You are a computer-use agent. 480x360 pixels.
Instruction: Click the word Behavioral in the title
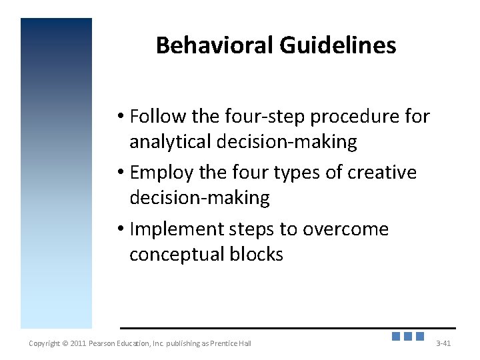click(215, 45)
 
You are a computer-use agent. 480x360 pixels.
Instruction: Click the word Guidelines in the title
click(338, 45)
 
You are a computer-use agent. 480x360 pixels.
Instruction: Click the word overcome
click(345, 229)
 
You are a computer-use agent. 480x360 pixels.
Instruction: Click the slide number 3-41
click(443, 343)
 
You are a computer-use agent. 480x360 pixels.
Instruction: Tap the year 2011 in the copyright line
click(77, 343)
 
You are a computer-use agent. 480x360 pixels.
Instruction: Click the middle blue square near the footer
click(408, 337)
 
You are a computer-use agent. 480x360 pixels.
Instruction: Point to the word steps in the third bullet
click(251, 229)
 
